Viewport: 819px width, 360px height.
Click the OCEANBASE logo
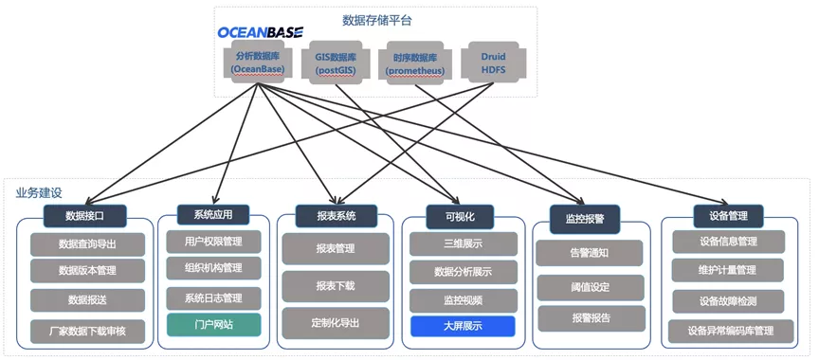[x=260, y=32]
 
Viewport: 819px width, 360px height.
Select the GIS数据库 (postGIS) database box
[x=336, y=63]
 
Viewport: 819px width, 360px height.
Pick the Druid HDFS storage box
[x=493, y=63]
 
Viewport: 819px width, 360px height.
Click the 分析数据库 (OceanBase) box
[x=257, y=63]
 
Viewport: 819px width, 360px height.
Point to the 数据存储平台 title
[x=377, y=20]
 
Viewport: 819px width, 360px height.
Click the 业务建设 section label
[x=39, y=192]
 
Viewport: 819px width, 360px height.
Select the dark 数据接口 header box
[x=84, y=216]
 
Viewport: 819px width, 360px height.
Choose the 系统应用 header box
[x=213, y=214]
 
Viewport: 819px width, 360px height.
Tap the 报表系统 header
[x=336, y=216]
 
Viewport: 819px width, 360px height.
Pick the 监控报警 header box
[x=585, y=219]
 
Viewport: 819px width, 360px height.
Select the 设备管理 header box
[x=729, y=216]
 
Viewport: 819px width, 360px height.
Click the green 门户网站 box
[x=213, y=325]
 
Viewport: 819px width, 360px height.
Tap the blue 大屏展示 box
[x=463, y=326]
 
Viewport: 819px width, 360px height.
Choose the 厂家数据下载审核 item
[x=87, y=331]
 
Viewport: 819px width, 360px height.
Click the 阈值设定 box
[x=591, y=287]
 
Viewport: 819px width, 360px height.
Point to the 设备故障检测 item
[x=728, y=301]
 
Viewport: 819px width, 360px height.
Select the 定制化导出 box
[x=336, y=323]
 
